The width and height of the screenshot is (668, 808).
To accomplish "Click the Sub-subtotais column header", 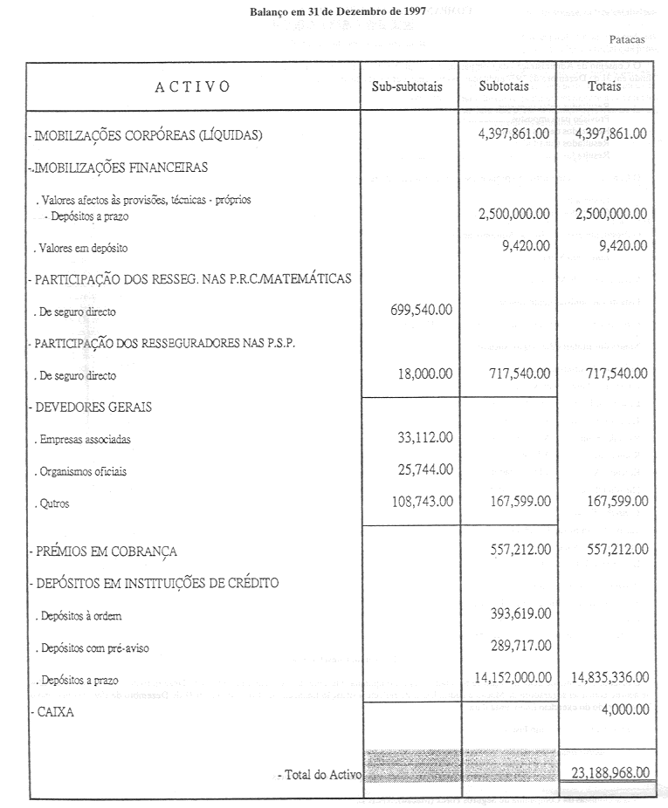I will click(x=409, y=86).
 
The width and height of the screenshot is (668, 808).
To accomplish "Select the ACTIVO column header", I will click(x=192, y=86).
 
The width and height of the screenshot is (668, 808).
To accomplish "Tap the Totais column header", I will click(x=604, y=86).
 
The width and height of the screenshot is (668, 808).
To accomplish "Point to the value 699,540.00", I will click(x=418, y=311).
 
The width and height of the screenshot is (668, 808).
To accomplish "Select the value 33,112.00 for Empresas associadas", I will click(x=423, y=439).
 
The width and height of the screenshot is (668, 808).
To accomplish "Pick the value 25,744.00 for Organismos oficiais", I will click(x=423, y=470).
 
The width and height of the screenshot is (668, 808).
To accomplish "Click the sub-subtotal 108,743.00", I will click(x=419, y=503).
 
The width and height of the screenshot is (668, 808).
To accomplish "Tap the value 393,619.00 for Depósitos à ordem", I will click(x=515, y=613).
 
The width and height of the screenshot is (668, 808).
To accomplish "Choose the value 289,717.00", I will click(x=515, y=646).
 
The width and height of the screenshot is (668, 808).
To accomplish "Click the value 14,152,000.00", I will click(x=510, y=677).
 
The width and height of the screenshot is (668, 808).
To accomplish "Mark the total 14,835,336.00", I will click(x=608, y=677).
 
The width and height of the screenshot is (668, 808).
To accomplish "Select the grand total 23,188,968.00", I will click(x=608, y=772).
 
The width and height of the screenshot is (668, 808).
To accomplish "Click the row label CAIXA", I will click(x=54, y=712).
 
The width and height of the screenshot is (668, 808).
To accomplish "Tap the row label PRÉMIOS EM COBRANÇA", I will click(x=105, y=551).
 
